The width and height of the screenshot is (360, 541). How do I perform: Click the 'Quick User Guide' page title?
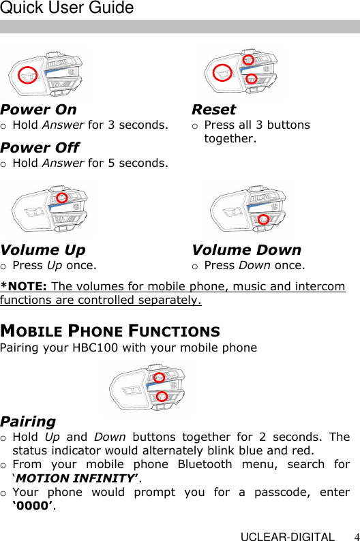67,9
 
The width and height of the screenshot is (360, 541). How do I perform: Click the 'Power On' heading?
39,110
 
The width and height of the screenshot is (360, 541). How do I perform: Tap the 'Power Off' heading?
40,148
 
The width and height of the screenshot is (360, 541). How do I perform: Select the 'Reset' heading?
213,110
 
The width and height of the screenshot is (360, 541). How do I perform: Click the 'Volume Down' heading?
246,250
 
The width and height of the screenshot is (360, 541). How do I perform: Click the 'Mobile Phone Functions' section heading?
110,332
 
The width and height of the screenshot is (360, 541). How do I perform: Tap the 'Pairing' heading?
28,422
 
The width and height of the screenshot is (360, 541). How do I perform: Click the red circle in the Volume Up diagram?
61,198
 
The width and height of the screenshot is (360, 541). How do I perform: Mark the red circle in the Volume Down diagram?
263,219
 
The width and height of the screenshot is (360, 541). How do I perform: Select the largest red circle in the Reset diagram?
222,72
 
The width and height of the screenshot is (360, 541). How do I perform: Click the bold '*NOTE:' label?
24,286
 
